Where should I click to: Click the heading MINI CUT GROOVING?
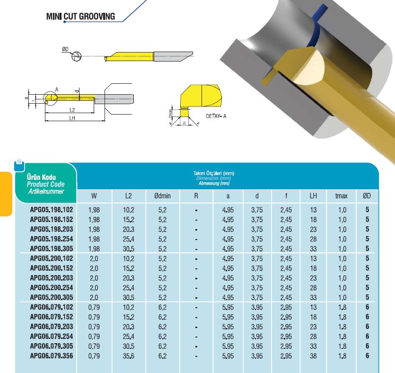(x=80, y=17)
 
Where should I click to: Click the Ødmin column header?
(x=162, y=195)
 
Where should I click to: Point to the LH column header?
(x=313, y=195)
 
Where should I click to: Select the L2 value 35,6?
(x=129, y=356)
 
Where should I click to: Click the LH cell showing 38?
(x=313, y=356)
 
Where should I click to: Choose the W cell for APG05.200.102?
(x=94, y=258)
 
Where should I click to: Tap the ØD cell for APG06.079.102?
(x=367, y=307)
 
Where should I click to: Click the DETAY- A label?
(x=216, y=115)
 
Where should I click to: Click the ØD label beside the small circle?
(x=65, y=49)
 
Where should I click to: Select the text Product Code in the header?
(x=46, y=184)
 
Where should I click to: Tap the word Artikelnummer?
(x=45, y=191)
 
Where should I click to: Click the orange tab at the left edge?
(x=5, y=194)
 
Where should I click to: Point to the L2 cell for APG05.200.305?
(x=129, y=297)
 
